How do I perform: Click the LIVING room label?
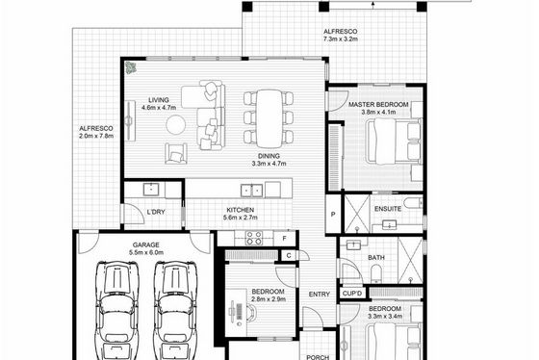click(159, 100)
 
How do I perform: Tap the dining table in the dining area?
click(269, 118)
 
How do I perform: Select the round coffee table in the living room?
click(176, 124)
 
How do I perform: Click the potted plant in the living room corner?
click(130, 67)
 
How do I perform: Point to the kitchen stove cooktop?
click(254, 238)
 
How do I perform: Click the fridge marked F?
click(284, 238)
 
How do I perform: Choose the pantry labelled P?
click(333, 215)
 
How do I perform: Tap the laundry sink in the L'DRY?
click(151, 190)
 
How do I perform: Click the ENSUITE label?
click(388, 209)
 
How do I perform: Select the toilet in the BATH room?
click(376, 273)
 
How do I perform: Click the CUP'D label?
click(352, 294)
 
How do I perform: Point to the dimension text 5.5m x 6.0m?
click(146, 252)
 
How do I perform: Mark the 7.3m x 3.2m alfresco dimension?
click(341, 39)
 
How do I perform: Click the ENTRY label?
click(319, 295)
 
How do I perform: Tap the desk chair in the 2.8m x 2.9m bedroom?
click(249, 313)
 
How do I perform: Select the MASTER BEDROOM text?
click(378, 105)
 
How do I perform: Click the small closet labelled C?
click(289, 255)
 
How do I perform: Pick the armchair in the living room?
click(175, 153)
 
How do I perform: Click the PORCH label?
click(318, 357)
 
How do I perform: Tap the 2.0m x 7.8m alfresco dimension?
click(96, 136)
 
